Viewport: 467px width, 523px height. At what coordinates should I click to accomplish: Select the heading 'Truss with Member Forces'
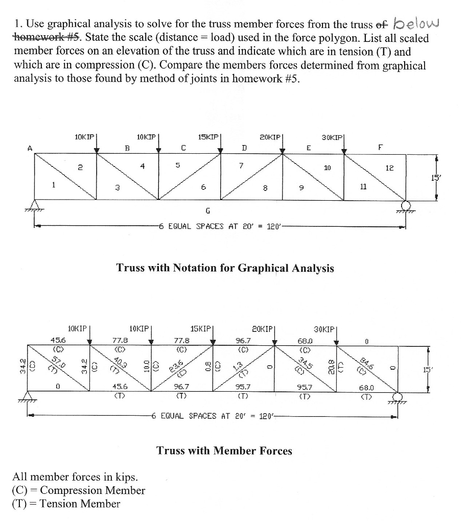point(224,450)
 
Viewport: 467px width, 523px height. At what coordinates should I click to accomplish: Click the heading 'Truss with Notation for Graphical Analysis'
point(225,268)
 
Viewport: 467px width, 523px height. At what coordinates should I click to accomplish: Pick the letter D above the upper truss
point(245,148)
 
